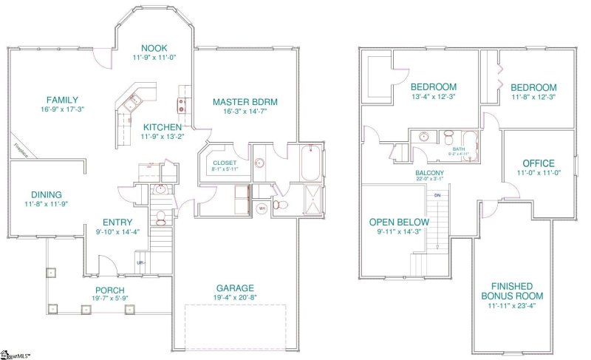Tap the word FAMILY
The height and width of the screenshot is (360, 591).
62,100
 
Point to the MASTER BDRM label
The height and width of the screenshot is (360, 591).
239,102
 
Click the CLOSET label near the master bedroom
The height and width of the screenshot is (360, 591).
224,162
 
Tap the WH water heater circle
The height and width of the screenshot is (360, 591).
261,208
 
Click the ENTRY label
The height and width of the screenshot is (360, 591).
117,221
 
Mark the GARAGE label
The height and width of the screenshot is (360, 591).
235,288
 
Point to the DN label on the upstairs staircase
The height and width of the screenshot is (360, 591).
437,194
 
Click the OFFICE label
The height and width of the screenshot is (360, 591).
538,163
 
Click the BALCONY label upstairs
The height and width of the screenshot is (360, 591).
429,172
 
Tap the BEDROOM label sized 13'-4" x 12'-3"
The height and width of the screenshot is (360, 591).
433,86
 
